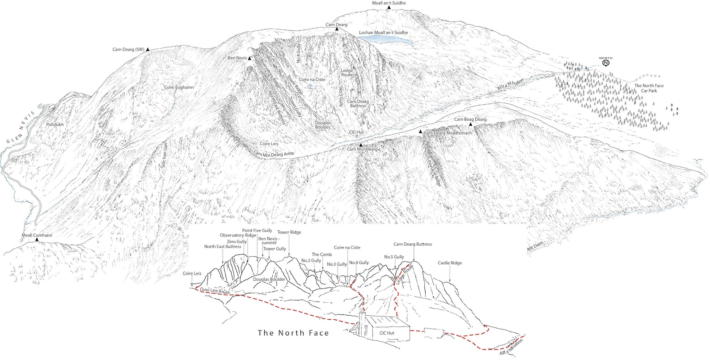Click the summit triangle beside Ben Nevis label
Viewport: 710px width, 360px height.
(x=250, y=59)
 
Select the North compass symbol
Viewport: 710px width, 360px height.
(x=606, y=63)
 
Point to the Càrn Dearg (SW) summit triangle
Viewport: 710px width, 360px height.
(x=147, y=49)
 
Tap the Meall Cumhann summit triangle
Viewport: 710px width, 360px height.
(x=37, y=241)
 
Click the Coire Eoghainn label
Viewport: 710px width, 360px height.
(x=179, y=88)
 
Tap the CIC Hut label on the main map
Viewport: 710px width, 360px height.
(x=357, y=133)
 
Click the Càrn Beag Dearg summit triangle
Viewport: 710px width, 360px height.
(x=470, y=124)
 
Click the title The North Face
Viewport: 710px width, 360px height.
(x=293, y=333)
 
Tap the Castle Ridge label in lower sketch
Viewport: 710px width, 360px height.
(x=450, y=263)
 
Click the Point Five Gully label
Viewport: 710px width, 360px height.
(x=257, y=230)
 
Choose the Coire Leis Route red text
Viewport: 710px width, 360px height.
(x=215, y=291)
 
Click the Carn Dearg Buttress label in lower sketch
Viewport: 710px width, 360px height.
(x=413, y=244)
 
